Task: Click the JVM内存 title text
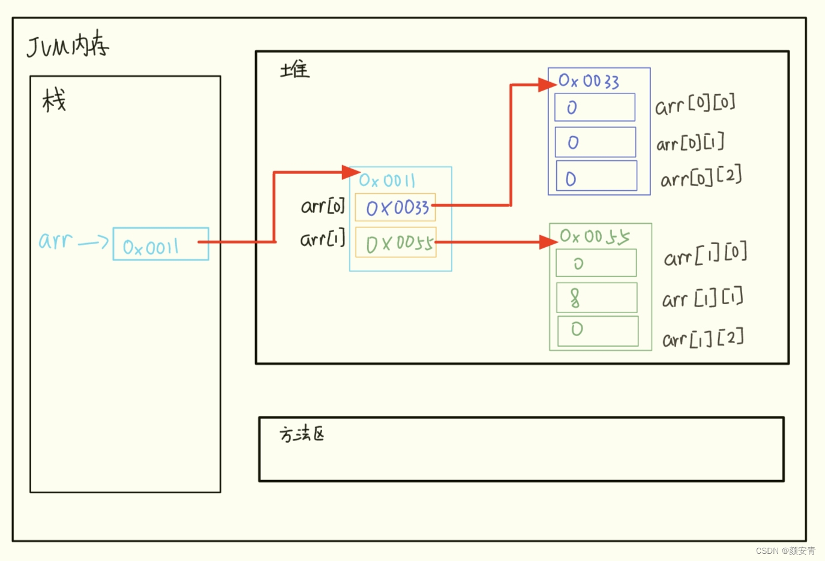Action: [68, 46]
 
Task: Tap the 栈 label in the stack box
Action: [54, 100]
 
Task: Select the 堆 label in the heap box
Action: [295, 70]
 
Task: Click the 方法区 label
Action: [302, 434]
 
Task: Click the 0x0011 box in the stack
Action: [161, 244]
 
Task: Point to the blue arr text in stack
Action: [55, 241]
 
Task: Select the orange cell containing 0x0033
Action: [395, 208]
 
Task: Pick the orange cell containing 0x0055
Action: [396, 242]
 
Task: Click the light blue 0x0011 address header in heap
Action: [387, 181]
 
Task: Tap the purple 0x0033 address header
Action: [589, 81]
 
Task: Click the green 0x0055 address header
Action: [595, 236]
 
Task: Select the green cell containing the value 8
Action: [596, 298]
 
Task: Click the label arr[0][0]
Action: [695, 105]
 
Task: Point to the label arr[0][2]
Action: [701, 178]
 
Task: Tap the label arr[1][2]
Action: [703, 339]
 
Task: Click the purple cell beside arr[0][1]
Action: [595, 142]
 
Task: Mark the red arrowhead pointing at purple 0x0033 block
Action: [547, 85]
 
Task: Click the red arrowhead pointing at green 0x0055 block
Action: [548, 242]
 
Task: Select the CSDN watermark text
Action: [785, 551]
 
